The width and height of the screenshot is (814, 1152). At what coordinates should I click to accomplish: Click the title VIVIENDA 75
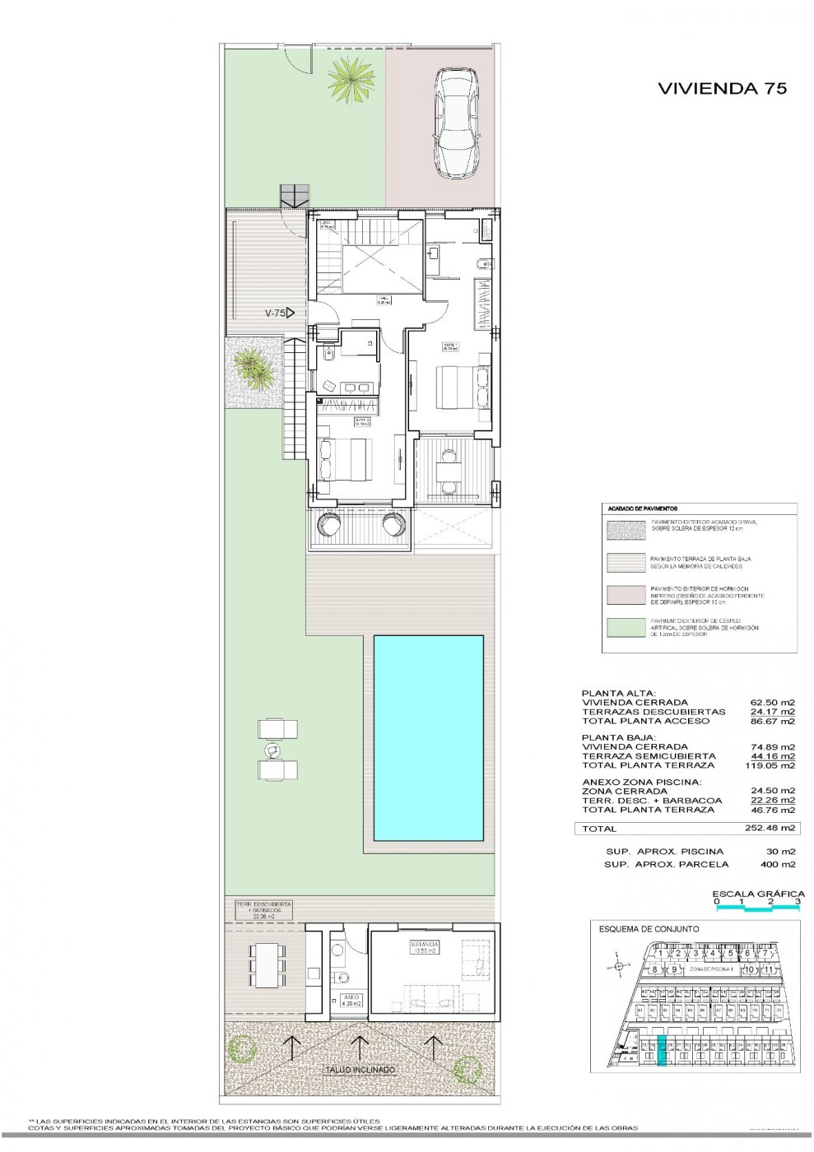722,89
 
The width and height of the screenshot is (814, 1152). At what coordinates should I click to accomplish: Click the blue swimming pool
428,737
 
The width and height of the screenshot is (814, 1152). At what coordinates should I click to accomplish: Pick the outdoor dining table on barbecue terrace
265,964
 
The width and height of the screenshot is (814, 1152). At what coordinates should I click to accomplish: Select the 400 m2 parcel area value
778,865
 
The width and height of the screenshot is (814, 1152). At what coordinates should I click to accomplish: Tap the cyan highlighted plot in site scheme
662,1052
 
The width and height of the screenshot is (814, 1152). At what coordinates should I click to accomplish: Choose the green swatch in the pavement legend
625,627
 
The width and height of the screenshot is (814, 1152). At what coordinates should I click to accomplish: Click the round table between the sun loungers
272,750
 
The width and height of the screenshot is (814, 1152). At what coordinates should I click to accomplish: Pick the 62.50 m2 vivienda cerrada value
772,703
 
